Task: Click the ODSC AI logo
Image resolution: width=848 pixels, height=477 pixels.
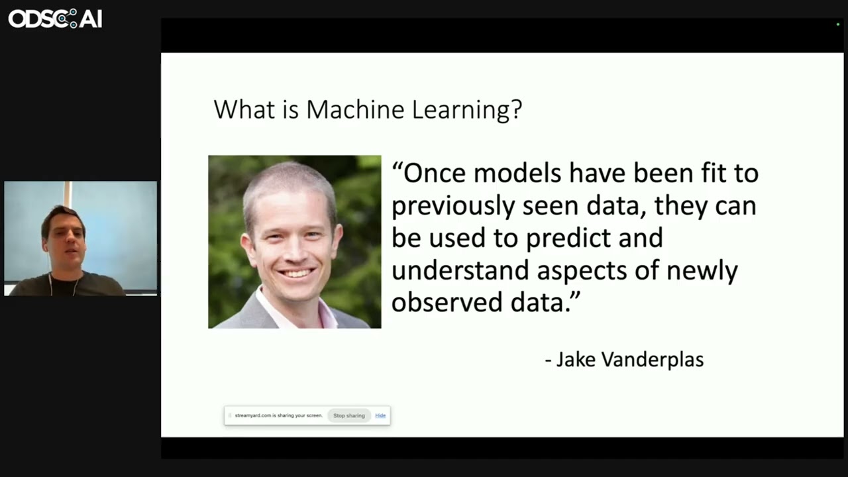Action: pos(55,19)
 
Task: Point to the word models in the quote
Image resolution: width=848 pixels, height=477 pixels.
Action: pos(517,174)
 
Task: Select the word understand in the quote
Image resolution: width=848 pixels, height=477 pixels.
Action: pos(460,271)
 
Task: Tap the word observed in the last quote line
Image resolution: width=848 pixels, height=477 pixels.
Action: pos(447,303)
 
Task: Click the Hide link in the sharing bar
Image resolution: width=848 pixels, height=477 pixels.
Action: pos(380,415)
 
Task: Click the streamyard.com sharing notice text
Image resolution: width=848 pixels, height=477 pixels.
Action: pos(278,415)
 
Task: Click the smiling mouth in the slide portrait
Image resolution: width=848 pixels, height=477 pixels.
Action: pos(296,273)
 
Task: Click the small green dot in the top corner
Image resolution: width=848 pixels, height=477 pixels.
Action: pos(838,25)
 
